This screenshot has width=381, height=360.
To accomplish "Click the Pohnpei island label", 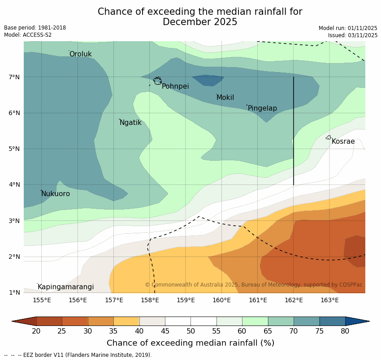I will [175, 86].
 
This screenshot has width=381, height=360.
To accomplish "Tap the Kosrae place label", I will [343, 141].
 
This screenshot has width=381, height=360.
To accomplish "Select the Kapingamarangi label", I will [65, 287].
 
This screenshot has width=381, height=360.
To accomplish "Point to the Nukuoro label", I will [56, 194].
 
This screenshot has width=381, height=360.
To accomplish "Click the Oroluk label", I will [81, 54].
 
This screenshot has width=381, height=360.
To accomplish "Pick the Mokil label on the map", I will [225, 98].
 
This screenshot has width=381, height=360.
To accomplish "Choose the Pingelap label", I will [262, 108].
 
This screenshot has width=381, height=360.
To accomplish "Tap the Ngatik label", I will [130, 123].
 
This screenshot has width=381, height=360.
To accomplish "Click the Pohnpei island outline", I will [157, 81].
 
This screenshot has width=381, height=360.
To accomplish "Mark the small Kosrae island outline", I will [329, 137].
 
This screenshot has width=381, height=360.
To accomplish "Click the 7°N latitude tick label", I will [14, 77].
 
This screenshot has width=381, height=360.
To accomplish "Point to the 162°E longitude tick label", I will [294, 300].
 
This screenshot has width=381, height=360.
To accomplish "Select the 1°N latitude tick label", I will [14, 292].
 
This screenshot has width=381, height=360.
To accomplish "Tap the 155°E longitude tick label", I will [42, 300].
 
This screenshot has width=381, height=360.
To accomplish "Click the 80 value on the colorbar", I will [345, 331].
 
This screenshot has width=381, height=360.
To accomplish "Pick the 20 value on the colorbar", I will [36, 331].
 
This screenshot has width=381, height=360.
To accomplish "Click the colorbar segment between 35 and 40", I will [126, 321].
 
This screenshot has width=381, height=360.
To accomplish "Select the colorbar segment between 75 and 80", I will [332, 321].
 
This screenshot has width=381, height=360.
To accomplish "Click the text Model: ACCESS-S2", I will [28, 35].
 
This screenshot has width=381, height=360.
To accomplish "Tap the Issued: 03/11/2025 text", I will [352, 35].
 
